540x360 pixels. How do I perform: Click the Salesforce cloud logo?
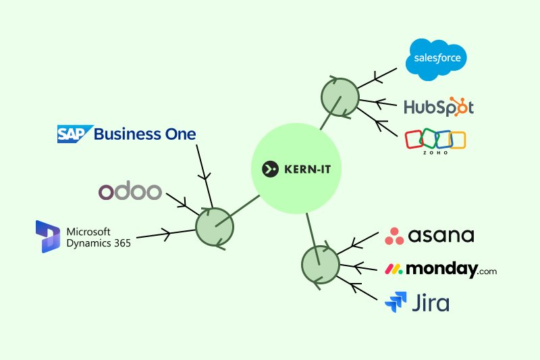pos(437,59)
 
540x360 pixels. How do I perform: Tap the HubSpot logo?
pos(439,107)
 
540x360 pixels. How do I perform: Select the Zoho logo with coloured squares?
pos(435,140)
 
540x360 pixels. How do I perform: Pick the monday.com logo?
pos(441,269)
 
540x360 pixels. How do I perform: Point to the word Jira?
pos(430,303)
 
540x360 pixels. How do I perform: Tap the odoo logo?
pos(130,192)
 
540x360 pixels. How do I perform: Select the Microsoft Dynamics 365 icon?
pos(48,236)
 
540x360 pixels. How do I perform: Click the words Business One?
pos(145,134)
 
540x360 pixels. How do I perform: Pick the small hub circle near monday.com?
pos(319,264)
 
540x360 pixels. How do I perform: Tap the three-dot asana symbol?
pos(395,236)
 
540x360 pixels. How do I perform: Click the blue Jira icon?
pos(395,303)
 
